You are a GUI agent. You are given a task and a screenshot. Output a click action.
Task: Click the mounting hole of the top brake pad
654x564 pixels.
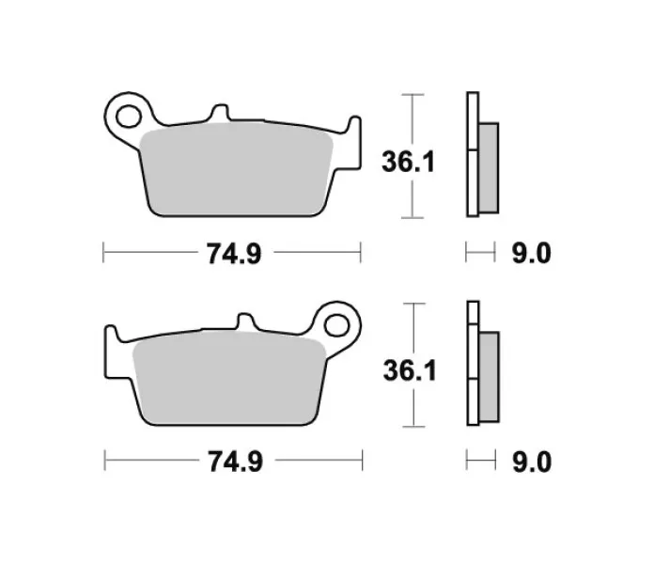(x=129, y=117)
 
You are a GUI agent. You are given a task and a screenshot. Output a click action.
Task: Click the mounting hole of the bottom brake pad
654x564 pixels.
(x=336, y=325)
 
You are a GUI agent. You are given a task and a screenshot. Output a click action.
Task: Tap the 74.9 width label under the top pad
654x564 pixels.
(x=234, y=254)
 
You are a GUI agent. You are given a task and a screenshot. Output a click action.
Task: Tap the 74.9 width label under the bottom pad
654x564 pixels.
(x=236, y=462)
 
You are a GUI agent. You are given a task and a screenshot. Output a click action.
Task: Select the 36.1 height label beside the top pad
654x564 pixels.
(x=409, y=162)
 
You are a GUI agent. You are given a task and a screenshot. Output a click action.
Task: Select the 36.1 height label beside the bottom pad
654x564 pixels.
(x=410, y=371)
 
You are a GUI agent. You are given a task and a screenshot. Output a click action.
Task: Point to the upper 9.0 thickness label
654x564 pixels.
(x=532, y=253)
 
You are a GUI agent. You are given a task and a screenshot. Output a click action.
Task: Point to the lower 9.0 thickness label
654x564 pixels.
(x=532, y=462)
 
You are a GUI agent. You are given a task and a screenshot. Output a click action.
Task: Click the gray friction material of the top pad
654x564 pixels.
(x=236, y=169)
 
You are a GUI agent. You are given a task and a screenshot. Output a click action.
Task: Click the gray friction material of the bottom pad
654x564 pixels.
(x=229, y=378)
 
